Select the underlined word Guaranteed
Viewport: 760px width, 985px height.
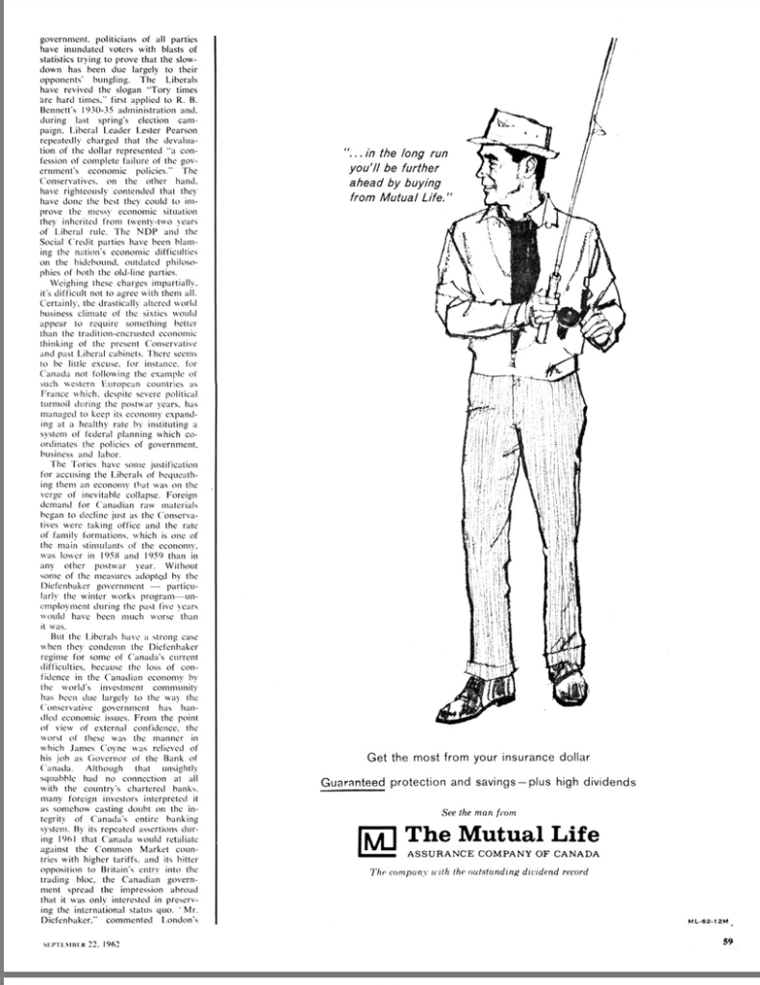(352, 783)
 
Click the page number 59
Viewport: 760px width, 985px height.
(728, 943)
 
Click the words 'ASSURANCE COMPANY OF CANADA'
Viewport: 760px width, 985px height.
(502, 855)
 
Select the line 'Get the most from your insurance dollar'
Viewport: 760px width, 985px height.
(477, 757)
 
